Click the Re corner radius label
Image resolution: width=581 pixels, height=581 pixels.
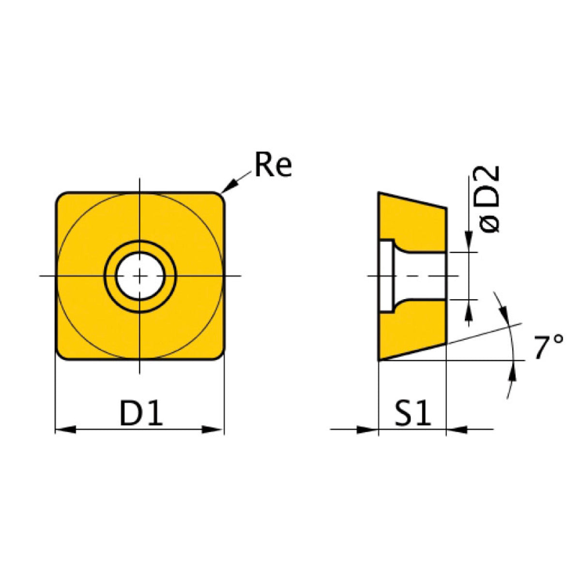coord(273,166)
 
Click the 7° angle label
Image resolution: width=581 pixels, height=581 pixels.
coord(549,347)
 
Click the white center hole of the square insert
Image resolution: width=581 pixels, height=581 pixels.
coord(140,276)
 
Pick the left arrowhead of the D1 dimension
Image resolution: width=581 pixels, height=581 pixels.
coord(65,429)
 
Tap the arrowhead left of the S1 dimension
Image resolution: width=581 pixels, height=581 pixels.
coord(368,429)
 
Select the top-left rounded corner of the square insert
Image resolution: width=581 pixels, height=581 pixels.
coord(61,198)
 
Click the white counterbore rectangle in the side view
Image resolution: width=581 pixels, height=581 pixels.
coord(386,276)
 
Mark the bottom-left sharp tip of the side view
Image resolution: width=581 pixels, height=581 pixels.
coord(379,359)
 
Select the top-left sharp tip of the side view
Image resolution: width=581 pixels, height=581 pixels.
coord(380,194)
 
